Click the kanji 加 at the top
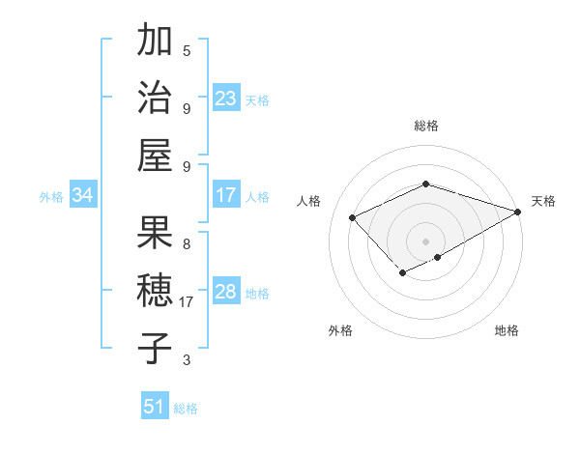(x=156, y=42)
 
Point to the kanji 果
(x=156, y=232)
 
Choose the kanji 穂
(x=156, y=290)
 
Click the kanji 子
(x=156, y=347)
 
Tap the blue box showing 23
(x=226, y=99)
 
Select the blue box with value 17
(x=226, y=196)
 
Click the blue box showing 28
(x=226, y=292)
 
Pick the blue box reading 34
(x=83, y=196)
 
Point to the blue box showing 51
(x=155, y=407)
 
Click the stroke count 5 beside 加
(x=187, y=50)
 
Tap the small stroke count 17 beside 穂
(x=187, y=302)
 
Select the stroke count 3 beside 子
(x=187, y=360)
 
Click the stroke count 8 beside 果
(x=187, y=243)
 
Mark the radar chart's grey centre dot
(x=425, y=241)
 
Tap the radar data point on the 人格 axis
(x=353, y=218)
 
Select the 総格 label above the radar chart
(x=425, y=126)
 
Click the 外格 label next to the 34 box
(x=51, y=197)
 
